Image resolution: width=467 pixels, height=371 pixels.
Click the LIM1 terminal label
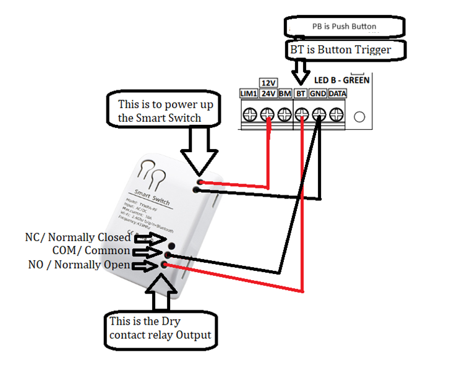pos(249,93)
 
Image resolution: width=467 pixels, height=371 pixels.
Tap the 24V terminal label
pos(268,93)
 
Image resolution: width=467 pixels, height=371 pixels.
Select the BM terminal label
pos(285,93)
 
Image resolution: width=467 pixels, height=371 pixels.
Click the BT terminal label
pos(301,93)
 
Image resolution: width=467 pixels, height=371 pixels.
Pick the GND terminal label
pos(319,93)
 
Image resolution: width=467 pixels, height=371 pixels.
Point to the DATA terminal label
pos(337,93)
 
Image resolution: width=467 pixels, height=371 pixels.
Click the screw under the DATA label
pos(336,114)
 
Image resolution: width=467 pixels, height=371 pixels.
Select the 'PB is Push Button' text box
pos(345,27)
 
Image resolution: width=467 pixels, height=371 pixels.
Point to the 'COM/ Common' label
pos(92,251)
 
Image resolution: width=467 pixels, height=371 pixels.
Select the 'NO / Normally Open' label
pos(79,265)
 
